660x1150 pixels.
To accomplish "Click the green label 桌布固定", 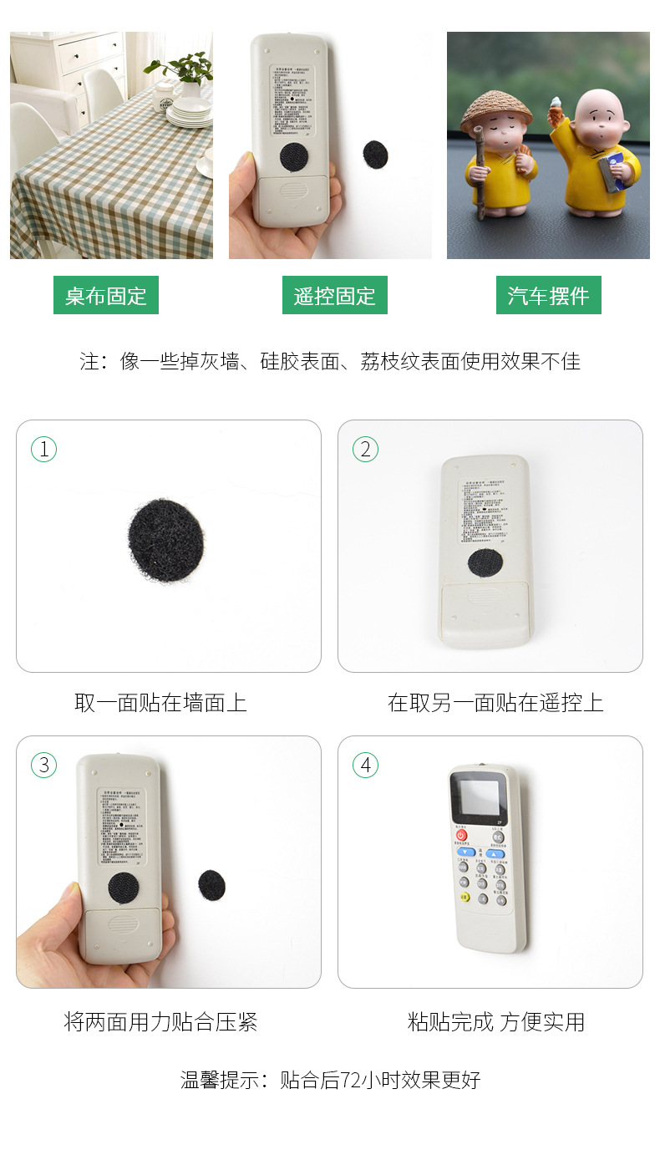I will [x=106, y=296].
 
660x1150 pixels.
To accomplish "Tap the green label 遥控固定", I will [x=334, y=296].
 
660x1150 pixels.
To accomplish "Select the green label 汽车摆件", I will [x=548, y=296].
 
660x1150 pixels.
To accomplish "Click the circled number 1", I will [x=43, y=449].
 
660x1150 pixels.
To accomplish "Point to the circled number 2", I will [x=365, y=449].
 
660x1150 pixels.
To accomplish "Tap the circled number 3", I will [x=43, y=765].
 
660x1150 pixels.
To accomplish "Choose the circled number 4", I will [x=365, y=765].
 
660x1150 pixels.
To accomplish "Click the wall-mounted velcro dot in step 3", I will [x=211, y=885].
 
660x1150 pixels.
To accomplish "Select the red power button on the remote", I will [x=461, y=835].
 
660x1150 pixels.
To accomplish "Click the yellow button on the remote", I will [x=464, y=898].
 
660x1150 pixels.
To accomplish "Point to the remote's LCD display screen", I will [x=477, y=796].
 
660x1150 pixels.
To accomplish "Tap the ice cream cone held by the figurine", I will [x=556, y=107].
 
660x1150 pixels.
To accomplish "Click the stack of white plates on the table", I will [x=189, y=112].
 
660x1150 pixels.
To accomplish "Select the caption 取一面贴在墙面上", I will [x=160, y=702].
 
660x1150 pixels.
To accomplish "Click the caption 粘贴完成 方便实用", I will [x=496, y=1021].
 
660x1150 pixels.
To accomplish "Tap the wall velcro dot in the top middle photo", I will [x=375, y=154].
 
